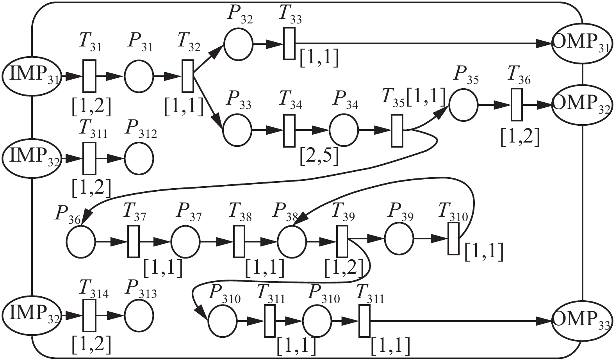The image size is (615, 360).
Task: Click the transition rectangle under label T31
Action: point(89,76)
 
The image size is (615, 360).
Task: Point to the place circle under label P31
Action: point(139,76)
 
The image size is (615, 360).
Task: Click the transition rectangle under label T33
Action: point(289,44)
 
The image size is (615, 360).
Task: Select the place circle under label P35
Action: point(463,105)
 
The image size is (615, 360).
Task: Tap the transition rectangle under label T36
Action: point(517,105)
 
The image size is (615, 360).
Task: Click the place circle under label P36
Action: point(81,242)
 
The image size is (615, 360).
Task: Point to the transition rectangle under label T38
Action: point(239,242)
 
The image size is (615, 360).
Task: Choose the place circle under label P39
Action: point(399,239)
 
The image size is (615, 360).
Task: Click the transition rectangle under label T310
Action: point(453,239)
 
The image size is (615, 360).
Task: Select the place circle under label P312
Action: point(139,159)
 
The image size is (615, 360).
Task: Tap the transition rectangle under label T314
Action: point(89,315)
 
